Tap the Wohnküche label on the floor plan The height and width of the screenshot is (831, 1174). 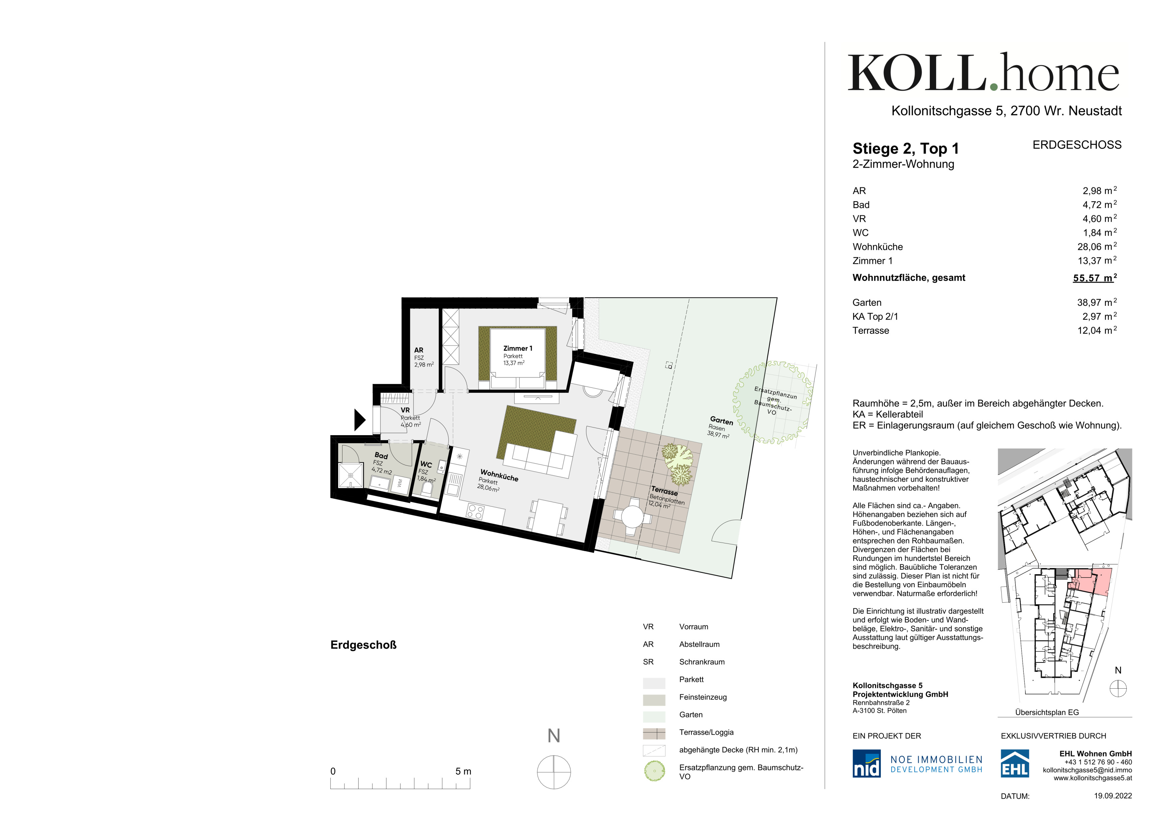(x=499, y=476)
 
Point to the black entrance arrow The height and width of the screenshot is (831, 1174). (x=360, y=420)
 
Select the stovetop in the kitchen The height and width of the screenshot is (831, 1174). (x=475, y=512)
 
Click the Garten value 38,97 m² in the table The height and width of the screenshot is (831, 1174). (x=1097, y=303)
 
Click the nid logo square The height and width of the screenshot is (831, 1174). (x=866, y=764)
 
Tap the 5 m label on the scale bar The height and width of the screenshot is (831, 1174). (x=463, y=771)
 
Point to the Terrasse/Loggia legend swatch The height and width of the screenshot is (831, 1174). (x=654, y=734)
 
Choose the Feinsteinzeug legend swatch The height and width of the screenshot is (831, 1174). (x=654, y=699)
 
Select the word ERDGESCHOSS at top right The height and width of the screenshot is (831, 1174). (x=1077, y=145)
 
